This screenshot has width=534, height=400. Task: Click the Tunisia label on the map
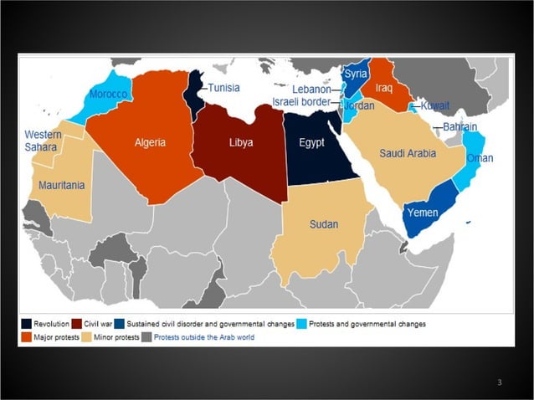point(223,88)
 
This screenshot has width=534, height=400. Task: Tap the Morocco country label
point(109,95)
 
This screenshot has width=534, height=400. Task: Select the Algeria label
point(151,142)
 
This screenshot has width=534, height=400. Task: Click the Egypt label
point(311,142)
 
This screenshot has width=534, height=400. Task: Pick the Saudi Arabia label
point(406,153)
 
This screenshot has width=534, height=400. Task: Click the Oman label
point(480,158)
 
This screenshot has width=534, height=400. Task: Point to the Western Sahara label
point(42,141)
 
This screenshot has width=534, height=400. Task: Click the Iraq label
point(384,88)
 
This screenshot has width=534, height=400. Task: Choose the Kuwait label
point(434,106)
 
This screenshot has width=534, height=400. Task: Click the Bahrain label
point(460,127)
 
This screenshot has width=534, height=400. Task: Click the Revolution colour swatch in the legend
point(28,324)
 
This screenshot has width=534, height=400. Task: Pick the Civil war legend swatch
point(77,324)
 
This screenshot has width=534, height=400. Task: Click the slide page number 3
point(499,382)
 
